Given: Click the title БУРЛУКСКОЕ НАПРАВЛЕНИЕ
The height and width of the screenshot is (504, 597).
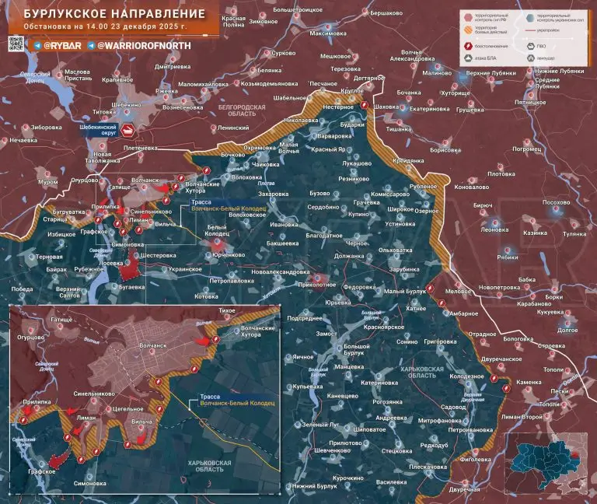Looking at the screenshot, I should coord(109,15).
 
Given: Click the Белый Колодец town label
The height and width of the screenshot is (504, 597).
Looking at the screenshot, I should coord(217,230).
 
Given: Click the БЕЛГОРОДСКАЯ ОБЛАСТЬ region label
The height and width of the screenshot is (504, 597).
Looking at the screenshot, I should coord(242,110).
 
